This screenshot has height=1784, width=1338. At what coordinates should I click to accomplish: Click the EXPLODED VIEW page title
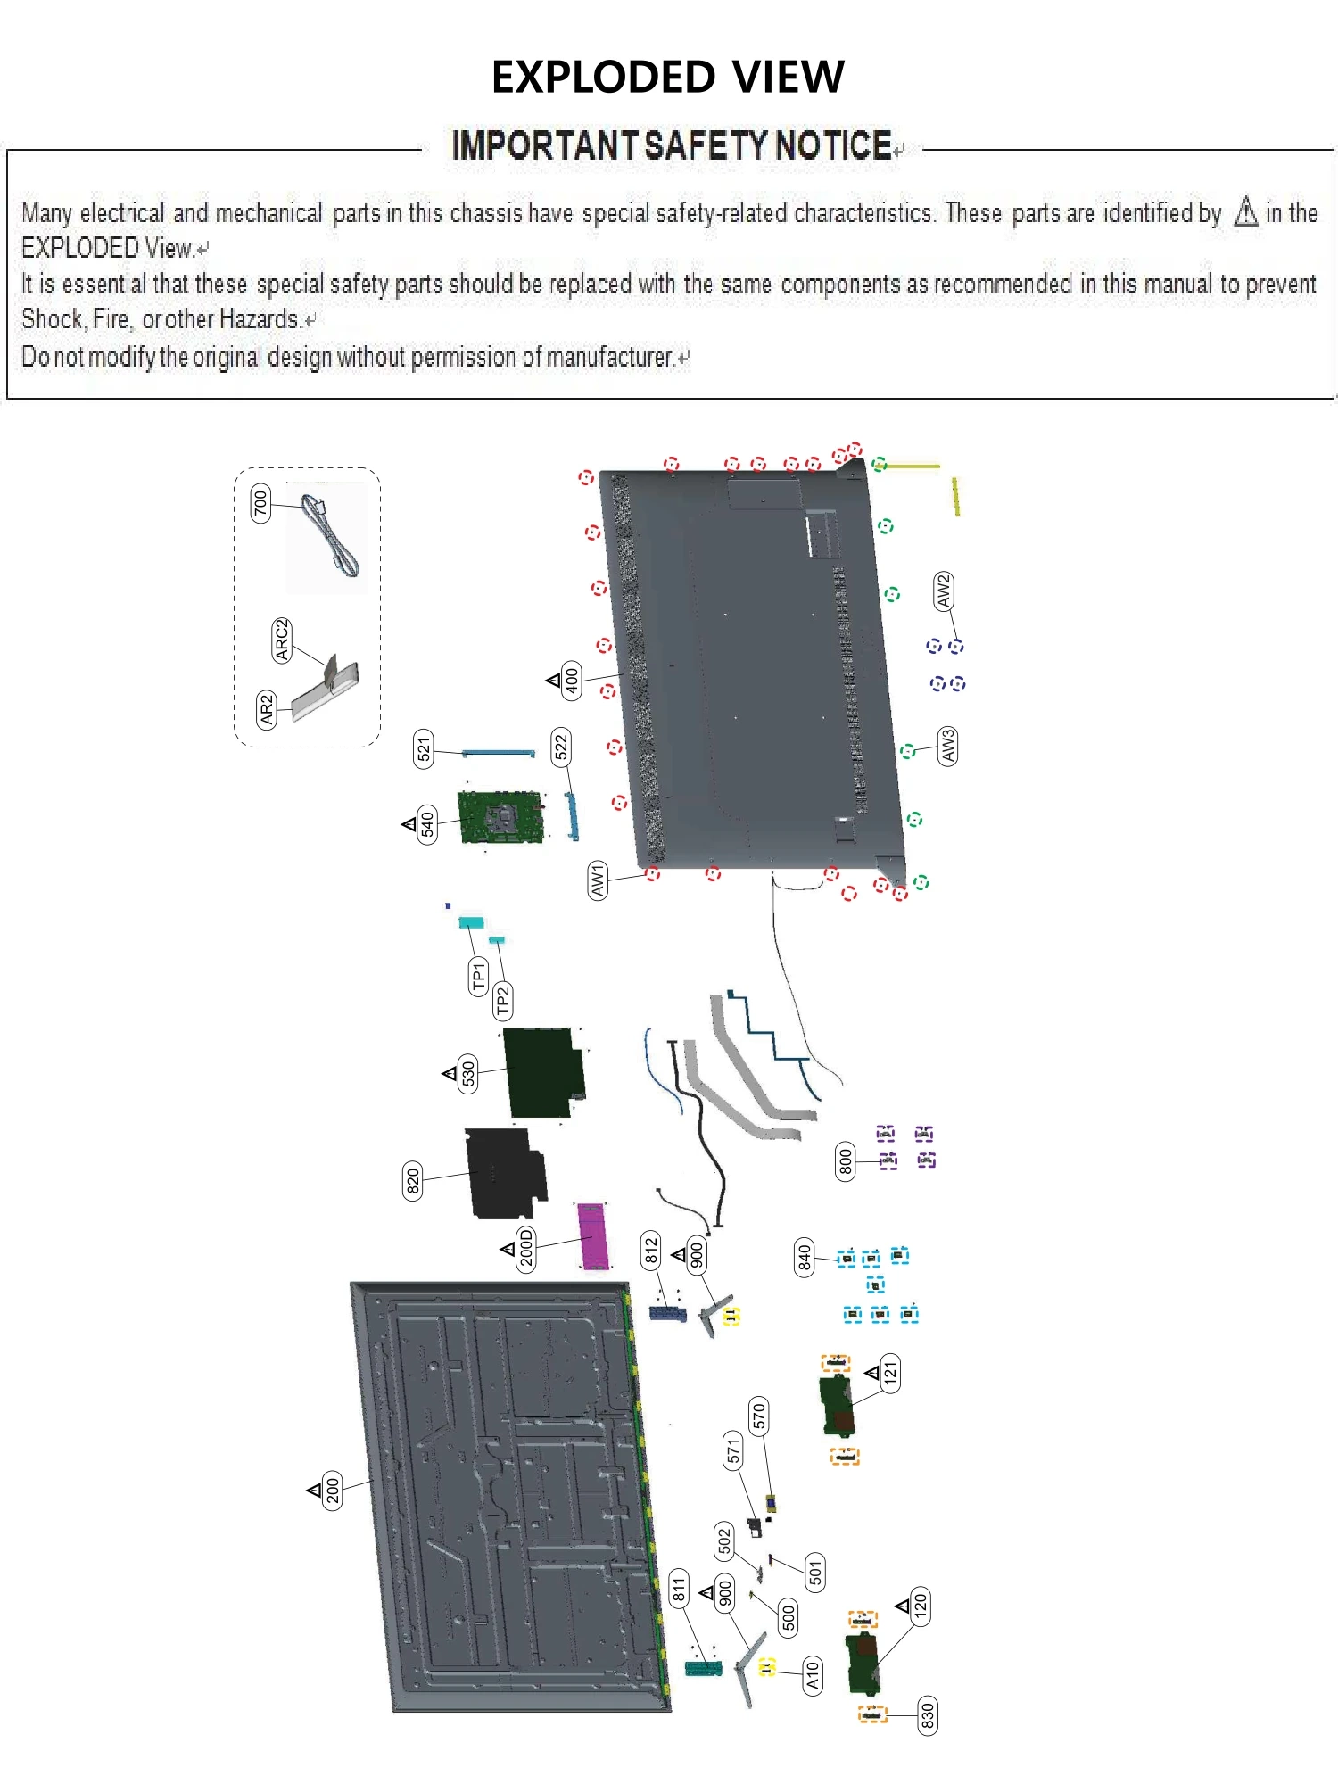[667, 77]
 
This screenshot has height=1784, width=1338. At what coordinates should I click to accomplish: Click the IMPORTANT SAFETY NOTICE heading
[671, 145]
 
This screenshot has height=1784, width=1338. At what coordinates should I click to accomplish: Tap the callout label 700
[260, 504]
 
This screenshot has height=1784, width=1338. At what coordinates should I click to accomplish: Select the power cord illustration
[329, 536]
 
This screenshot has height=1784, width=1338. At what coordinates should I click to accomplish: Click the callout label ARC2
[282, 640]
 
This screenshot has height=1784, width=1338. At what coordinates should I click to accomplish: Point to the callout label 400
[572, 680]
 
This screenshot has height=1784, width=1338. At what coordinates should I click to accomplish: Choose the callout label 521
[425, 748]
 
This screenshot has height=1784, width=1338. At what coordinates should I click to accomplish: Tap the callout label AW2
[944, 591]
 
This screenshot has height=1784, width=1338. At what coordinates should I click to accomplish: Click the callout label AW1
[598, 880]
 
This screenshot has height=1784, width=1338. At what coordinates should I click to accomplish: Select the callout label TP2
[502, 1001]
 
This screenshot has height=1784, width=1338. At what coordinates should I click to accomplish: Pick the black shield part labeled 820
[505, 1174]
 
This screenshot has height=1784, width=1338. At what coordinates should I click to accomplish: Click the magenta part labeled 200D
[593, 1235]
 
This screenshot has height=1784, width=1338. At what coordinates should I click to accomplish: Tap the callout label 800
[845, 1160]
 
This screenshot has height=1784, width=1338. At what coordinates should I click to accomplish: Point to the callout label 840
[805, 1257]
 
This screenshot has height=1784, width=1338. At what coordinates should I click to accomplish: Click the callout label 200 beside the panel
[333, 1490]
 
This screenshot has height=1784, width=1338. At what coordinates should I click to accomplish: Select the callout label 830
[927, 1714]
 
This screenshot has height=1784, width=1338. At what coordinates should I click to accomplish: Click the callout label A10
[812, 1675]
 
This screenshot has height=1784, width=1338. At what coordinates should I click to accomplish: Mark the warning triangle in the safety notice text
[1246, 212]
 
